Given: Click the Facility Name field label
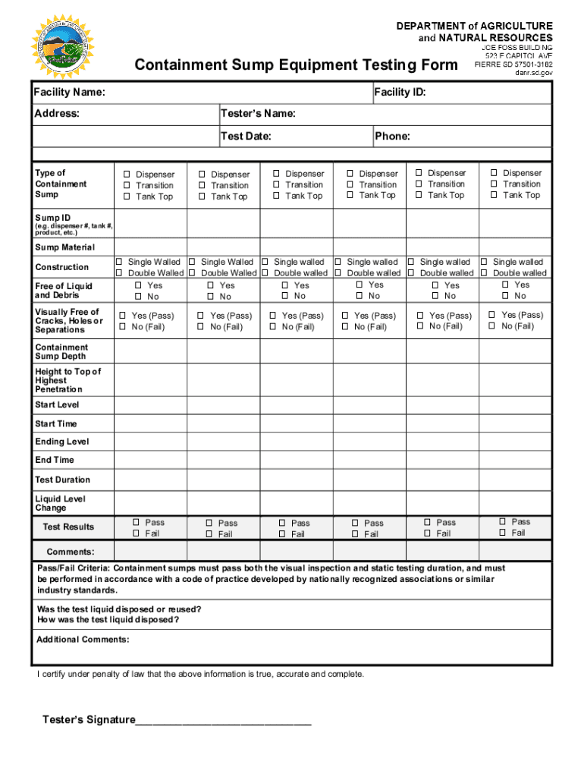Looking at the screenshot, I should point(70,93).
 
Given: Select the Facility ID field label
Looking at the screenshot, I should point(400,93).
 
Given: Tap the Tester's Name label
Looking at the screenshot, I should point(258,115).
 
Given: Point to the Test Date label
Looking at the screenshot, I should point(246,137).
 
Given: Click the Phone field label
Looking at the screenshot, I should point(392,137).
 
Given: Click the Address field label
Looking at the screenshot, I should point(57,115).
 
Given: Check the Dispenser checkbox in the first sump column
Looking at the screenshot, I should point(127,175).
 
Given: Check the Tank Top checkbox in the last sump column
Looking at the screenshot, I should point(495,196).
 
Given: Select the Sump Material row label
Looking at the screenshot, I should point(65,247).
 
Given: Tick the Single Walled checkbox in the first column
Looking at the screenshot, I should point(120,262).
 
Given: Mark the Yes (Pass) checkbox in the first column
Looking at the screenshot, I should point(123,316).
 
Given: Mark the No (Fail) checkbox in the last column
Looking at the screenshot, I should point(492,326).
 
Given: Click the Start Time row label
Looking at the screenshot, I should point(56,423).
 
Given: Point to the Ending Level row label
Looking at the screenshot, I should point(62,442).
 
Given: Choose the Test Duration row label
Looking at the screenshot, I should point(62,480).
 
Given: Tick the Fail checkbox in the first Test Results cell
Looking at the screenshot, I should point(137,533).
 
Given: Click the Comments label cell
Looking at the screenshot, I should point(71,552).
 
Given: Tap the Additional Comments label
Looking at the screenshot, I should point(83,640).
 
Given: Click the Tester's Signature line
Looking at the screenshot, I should point(223,721).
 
